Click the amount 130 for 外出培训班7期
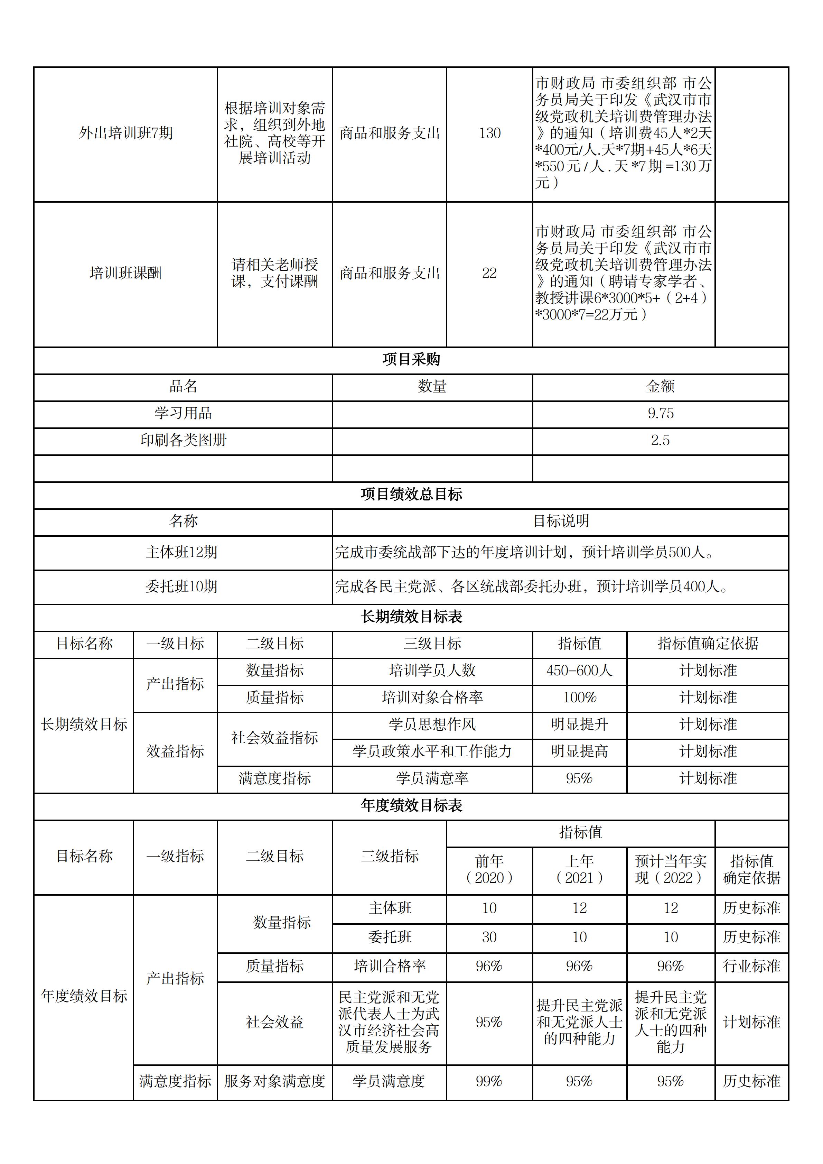489,133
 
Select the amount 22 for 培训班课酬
489,273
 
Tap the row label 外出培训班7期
126,133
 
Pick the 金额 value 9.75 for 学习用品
660,413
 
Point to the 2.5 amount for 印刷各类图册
660,440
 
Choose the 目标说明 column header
561,521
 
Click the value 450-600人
579,671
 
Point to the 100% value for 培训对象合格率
579,698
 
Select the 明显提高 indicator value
579,751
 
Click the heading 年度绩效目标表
411,806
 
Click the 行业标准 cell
751,966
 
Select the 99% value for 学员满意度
489,1081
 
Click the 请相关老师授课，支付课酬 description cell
275,273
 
